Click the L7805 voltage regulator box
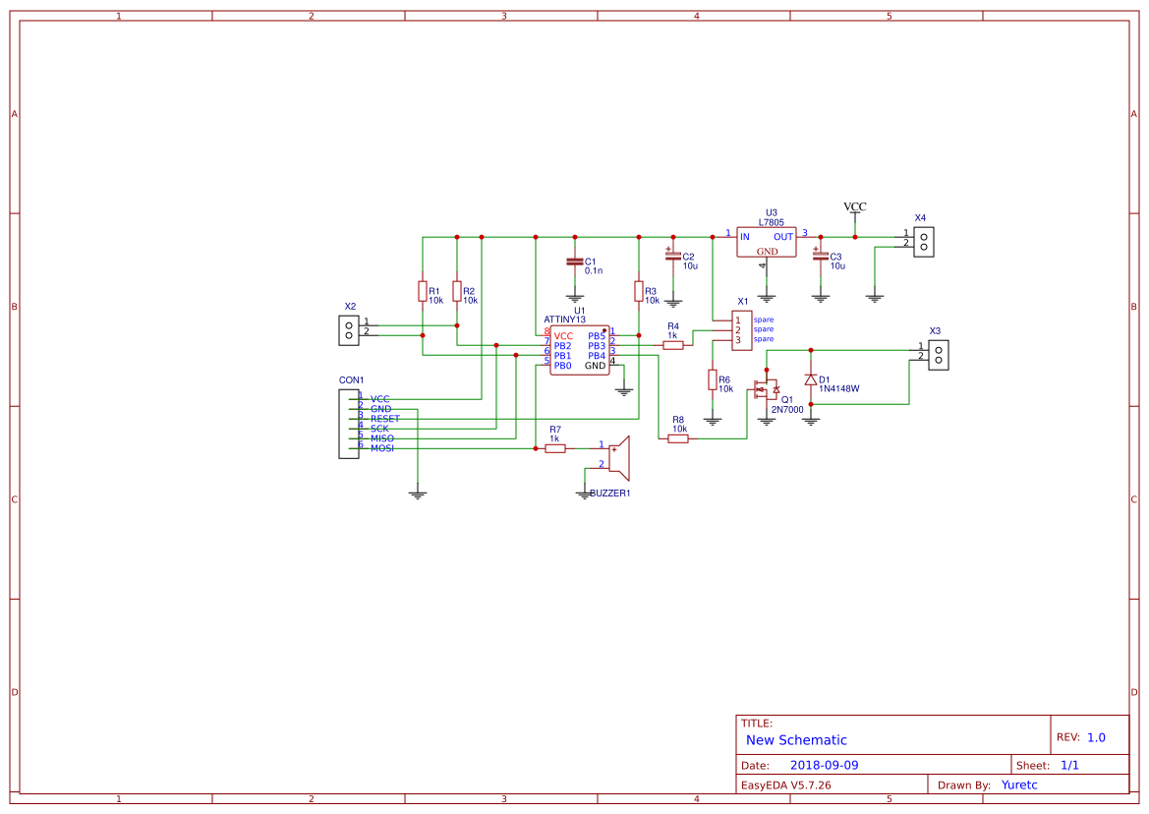pyautogui.click(x=767, y=242)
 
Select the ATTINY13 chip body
pyautogui.click(x=579, y=350)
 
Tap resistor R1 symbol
pyautogui.click(x=423, y=291)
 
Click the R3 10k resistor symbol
pyautogui.click(x=639, y=291)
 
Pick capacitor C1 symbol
pyautogui.click(x=575, y=262)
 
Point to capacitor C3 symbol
pyautogui.click(x=821, y=257)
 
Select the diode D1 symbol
pyautogui.click(x=811, y=379)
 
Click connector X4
pyautogui.click(x=923, y=242)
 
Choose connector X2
pyautogui.click(x=348, y=330)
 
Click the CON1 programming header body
pyautogui.click(x=349, y=424)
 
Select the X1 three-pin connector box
pyautogui.click(x=742, y=330)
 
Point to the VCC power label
pyautogui.click(x=855, y=207)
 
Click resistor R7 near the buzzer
pyautogui.click(x=555, y=448)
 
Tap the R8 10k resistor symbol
pyautogui.click(x=678, y=438)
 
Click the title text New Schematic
pyautogui.click(x=796, y=740)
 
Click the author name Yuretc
pyautogui.click(x=1019, y=785)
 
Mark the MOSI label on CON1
pyautogui.click(x=382, y=448)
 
